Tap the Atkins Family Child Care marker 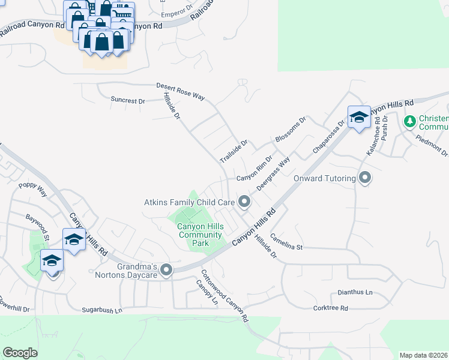coord(244,202)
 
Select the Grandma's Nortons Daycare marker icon coord(166,270)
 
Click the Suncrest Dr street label coord(128,101)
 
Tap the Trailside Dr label coord(234,152)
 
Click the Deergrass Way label coord(274,173)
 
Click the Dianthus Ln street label coord(352,293)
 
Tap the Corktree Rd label coord(330,308)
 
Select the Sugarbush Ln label coord(102,310)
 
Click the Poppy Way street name coord(33,190)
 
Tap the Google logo coord(20,353)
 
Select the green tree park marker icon coord(410,122)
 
